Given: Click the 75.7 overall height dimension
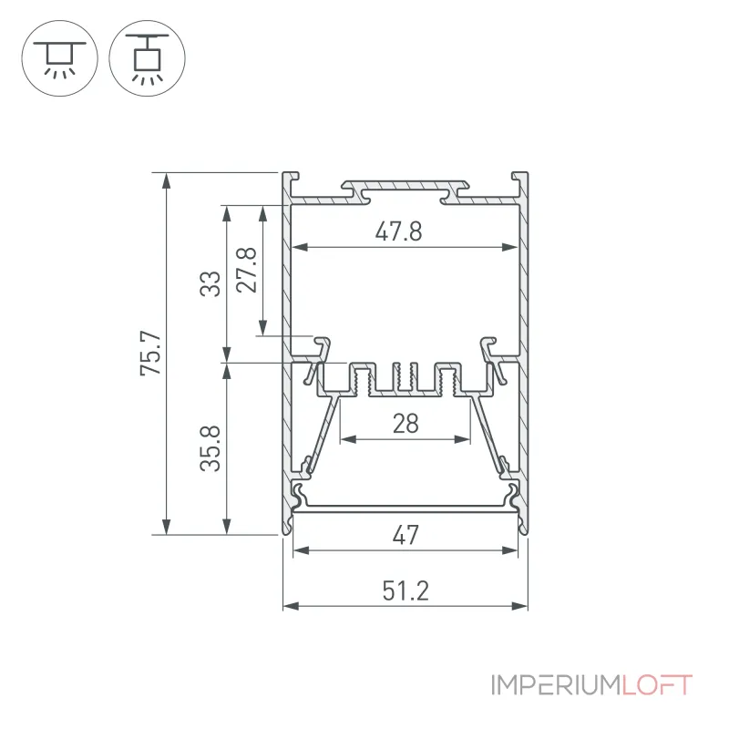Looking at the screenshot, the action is point(151,354).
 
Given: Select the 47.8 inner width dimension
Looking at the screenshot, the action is point(399,231).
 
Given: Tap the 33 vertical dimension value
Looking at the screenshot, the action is point(210,283).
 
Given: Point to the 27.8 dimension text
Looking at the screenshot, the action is point(246,270).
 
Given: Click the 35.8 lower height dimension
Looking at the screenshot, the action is point(210,448).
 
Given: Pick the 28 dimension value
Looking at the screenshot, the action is point(406,424).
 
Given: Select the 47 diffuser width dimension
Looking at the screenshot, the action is point(406,535).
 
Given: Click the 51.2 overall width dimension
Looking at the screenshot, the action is point(406,590).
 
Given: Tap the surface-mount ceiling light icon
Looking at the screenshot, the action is point(59,58).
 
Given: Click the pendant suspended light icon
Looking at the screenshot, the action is point(148,58).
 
